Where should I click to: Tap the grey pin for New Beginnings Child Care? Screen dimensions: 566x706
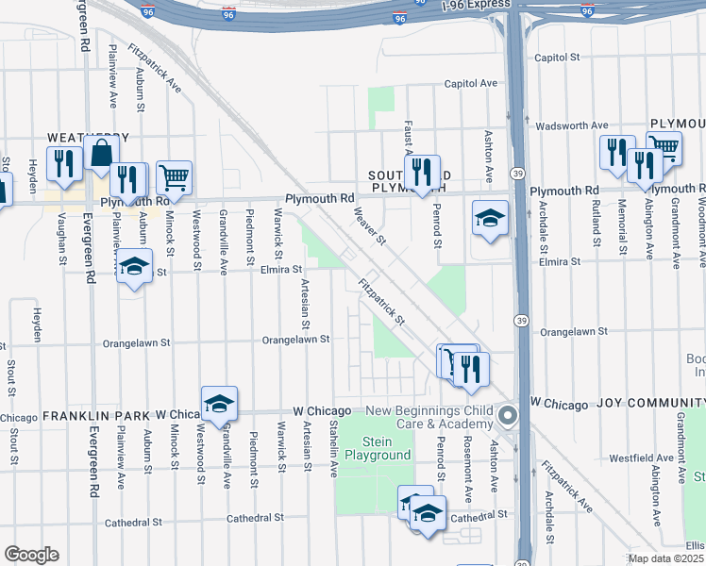pyautogui.click(x=508, y=416)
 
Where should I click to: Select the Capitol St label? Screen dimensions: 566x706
pyautogui.click(x=557, y=58)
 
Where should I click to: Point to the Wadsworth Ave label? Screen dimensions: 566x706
pyautogui.click(x=572, y=125)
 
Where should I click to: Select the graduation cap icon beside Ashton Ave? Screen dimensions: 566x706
pyautogui.click(x=490, y=219)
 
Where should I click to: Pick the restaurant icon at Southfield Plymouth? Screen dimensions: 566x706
pyautogui.click(x=422, y=172)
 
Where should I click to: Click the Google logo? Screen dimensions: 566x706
pyautogui.click(x=31, y=555)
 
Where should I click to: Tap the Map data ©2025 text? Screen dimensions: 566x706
pyautogui.click(x=666, y=559)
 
